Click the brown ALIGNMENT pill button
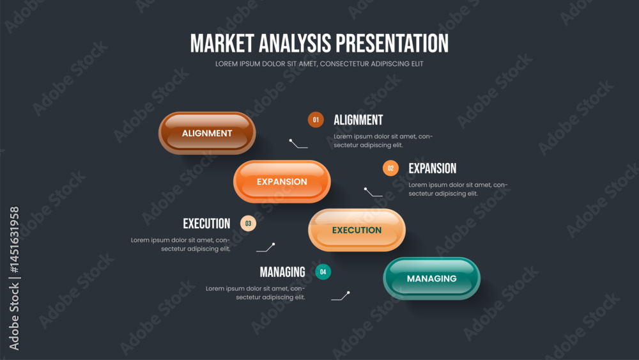pos(207,133)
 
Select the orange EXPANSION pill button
pos(282,182)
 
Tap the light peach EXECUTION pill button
pos(357,230)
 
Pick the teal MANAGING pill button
pos(431,278)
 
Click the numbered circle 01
pos(316,120)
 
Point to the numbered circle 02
pos(390,168)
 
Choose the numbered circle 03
pos(248,223)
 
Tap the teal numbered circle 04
pos(323,272)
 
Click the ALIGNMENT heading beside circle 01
pos(358,120)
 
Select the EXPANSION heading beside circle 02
pos(433,168)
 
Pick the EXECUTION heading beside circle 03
pos(206,223)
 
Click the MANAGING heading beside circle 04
pos(282,272)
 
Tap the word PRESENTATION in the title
pos(392,43)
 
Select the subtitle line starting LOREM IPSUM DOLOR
pos(319,63)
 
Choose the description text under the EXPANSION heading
pos(458,189)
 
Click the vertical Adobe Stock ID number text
pos(14,240)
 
